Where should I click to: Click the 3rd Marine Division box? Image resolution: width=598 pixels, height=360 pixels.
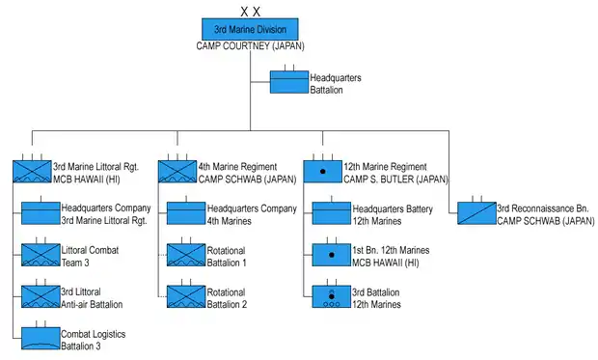(250, 29)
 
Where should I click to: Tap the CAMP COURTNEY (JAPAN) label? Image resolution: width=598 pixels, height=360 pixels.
(250, 46)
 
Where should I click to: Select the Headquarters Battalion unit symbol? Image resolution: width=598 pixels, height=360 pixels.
(289, 82)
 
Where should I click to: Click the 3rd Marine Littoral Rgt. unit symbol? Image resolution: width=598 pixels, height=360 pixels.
(32, 172)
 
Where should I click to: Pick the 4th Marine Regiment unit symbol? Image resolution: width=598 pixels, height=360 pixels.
(177, 172)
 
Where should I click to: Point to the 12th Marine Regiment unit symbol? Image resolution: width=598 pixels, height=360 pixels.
(323, 172)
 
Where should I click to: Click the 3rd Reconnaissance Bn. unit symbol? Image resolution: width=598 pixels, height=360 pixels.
(476, 213)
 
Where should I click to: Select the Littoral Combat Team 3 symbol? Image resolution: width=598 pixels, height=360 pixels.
(41, 255)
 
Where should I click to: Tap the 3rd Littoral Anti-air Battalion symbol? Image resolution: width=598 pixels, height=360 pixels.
(41, 296)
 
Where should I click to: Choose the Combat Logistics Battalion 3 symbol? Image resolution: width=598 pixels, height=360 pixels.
(41, 338)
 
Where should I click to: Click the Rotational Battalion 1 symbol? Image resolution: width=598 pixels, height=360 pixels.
(186, 255)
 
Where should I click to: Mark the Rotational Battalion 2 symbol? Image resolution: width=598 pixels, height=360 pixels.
(186, 296)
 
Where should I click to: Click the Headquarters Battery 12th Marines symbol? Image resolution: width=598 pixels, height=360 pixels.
(332, 213)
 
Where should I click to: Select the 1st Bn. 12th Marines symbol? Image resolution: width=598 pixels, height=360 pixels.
(332, 255)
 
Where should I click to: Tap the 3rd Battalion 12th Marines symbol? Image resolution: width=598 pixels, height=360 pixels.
(332, 296)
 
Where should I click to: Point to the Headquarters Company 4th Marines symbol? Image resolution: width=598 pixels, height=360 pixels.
(186, 213)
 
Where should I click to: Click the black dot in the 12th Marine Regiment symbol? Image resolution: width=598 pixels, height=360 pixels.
(323, 172)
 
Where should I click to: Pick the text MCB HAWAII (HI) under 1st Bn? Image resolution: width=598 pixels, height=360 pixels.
(385, 263)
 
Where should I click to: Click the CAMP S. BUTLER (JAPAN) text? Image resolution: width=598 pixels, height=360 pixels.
(395, 180)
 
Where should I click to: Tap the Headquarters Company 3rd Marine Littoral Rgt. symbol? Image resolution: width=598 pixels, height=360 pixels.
(41, 213)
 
